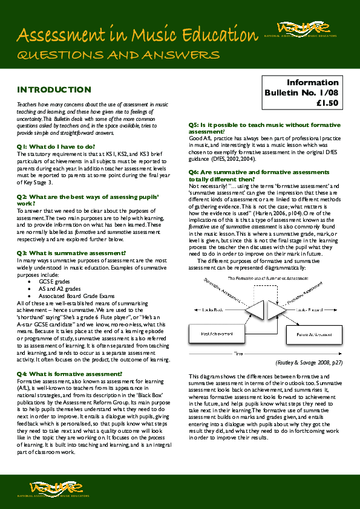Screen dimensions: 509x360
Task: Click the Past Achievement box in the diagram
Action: (214, 333)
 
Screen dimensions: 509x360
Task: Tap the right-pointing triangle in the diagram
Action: (269, 310)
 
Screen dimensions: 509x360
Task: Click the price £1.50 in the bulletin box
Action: (331, 103)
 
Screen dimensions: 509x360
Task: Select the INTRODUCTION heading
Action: (54, 90)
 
